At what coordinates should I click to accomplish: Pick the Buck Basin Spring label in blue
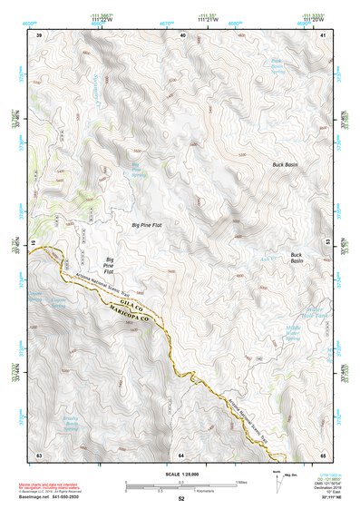(303, 67)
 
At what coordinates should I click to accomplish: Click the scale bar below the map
(180, 485)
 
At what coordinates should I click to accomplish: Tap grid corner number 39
(39, 34)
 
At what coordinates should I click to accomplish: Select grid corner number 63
(39, 454)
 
